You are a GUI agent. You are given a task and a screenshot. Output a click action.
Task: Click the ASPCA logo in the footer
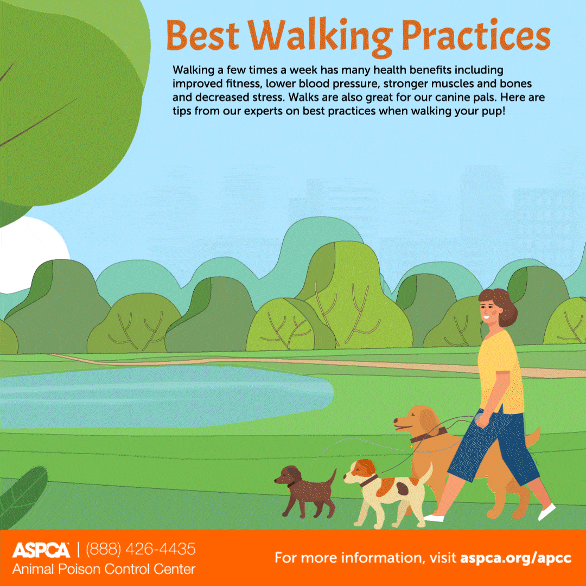(41, 550)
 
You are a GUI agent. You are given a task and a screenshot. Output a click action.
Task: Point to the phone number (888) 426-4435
(141, 549)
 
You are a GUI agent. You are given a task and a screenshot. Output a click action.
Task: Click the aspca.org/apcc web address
(516, 558)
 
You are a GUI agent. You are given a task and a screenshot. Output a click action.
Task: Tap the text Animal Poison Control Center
(104, 569)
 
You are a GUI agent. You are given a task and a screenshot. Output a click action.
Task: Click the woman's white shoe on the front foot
(434, 518)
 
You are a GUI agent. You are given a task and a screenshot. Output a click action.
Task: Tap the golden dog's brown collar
(428, 435)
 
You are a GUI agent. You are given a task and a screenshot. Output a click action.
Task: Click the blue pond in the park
(164, 396)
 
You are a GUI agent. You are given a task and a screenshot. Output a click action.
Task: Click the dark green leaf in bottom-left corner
(22, 495)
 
